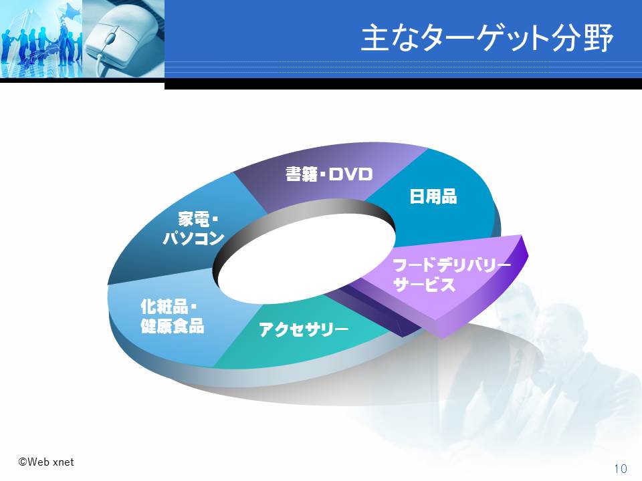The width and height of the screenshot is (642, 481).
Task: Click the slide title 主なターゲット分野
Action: pos(488,37)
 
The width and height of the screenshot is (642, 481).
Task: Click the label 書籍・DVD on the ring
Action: pos(329,174)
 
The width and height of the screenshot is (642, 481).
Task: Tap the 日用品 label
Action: pos(433,196)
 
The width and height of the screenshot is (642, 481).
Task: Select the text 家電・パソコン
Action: pos(194,228)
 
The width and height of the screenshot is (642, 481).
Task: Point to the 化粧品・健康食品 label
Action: pos(173,316)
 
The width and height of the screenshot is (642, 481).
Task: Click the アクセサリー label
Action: pos(304,329)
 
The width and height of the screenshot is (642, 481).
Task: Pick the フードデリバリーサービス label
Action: pos(451,275)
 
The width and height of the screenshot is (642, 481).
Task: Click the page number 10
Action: pos(621,468)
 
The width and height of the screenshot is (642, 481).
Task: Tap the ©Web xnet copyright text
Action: pos(46,462)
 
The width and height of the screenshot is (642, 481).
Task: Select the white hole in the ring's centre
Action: pos(306,260)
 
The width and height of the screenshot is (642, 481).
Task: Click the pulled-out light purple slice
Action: pos(446,282)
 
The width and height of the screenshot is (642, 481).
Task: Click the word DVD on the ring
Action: pos(351,174)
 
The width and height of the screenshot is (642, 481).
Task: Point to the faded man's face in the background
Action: pos(520,311)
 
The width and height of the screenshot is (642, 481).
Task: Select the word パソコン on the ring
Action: pos(194,238)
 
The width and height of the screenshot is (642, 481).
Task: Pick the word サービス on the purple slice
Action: pos(424,285)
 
